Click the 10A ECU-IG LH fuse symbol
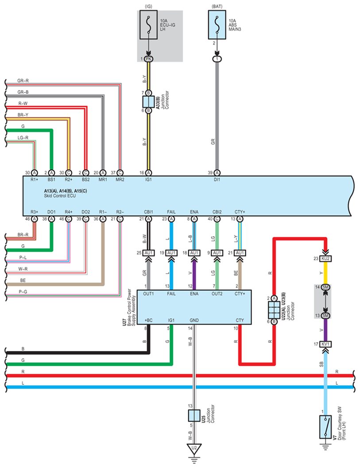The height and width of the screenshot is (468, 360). pos(148,25)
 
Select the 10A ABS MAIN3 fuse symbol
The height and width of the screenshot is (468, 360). pos(217,25)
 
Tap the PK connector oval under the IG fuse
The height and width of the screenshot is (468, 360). pos(148,59)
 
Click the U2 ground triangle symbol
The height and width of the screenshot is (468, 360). pos(194,449)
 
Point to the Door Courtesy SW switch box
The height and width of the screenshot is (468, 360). pos(325,427)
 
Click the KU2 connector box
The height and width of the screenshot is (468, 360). pos(325,258)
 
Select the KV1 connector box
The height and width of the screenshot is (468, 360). pos(325,344)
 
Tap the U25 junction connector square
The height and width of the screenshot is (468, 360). pos(194,415)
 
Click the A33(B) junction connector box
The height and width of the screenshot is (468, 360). pos(148,102)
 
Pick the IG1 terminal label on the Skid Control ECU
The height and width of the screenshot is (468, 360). pos(148,180)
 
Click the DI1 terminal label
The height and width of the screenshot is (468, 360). pos(217,180)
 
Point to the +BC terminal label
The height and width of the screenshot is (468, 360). pos(148,320)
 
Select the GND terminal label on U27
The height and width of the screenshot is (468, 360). pos(194,320)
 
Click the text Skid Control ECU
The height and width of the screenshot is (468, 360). pos(60,196)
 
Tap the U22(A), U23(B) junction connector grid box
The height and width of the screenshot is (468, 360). pos(274,310)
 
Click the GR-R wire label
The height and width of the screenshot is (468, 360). pos(23,81)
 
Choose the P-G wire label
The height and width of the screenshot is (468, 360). pos(23,292)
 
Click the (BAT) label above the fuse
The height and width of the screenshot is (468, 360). pos(217,6)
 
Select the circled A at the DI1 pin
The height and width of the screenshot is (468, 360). pos(217,173)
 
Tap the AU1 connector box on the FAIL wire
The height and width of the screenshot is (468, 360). pos(171,253)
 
